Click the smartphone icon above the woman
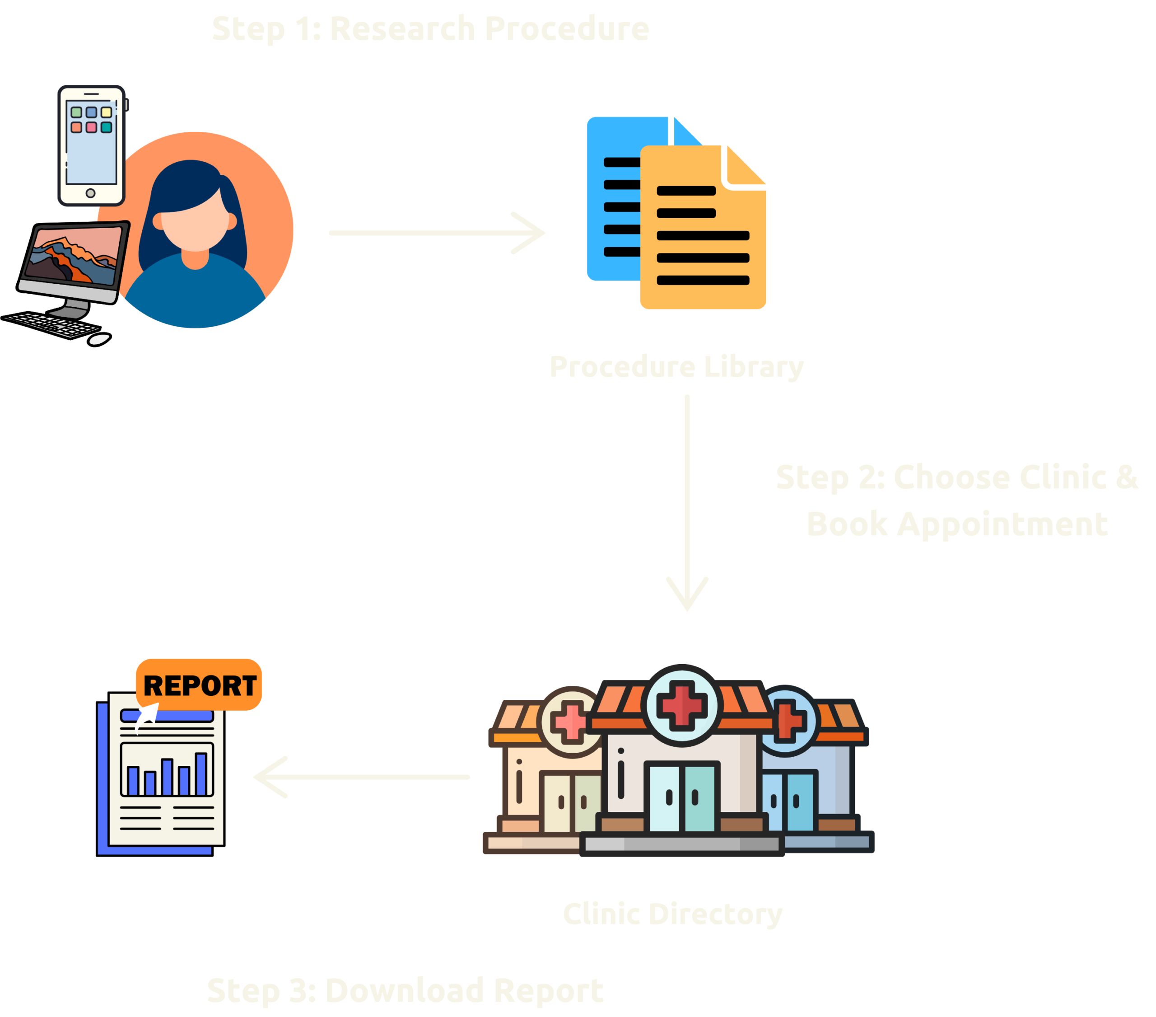point(91,145)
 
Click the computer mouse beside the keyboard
point(99,339)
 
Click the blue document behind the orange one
point(614,198)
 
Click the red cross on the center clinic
point(681,705)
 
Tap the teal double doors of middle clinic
point(681,798)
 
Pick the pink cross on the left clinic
point(570,721)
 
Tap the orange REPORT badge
point(199,685)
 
